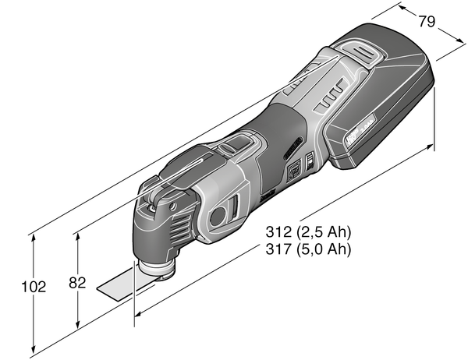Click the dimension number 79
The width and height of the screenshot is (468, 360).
point(426,21)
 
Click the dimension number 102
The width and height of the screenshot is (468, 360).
point(34,287)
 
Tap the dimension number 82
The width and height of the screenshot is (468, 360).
point(76,284)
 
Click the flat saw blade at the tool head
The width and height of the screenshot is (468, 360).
point(117,287)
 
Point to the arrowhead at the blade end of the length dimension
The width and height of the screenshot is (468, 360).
point(140,315)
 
